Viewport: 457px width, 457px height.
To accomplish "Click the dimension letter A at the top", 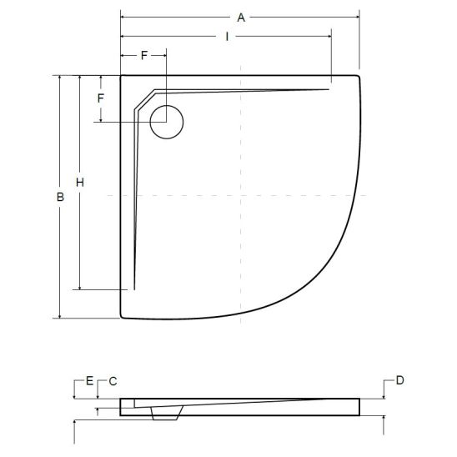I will click(x=240, y=17).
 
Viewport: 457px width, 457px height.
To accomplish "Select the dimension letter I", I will click(x=227, y=37).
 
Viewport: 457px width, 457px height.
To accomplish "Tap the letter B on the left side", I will click(x=59, y=197).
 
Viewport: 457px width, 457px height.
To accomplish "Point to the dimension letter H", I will click(x=80, y=182).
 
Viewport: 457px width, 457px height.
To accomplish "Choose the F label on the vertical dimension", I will click(x=101, y=98).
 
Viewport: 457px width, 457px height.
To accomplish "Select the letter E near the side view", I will click(x=89, y=380).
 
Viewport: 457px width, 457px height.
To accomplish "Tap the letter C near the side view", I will click(x=112, y=380).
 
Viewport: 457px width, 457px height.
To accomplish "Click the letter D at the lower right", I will click(x=399, y=380).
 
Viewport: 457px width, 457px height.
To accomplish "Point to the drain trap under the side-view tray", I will click(x=166, y=412).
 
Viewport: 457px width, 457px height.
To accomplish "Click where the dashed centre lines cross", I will click(x=240, y=195).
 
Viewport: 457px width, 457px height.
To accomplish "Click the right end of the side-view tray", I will click(x=361, y=406).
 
